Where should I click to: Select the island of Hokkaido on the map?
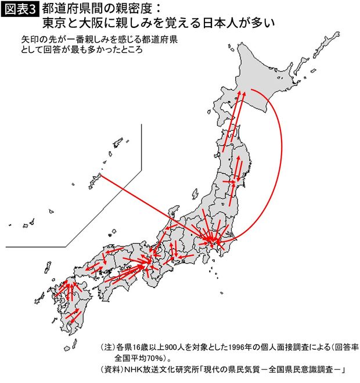pyautogui.click(x=273, y=81)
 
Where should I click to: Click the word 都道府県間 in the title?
pyautogui.click(x=74, y=10)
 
